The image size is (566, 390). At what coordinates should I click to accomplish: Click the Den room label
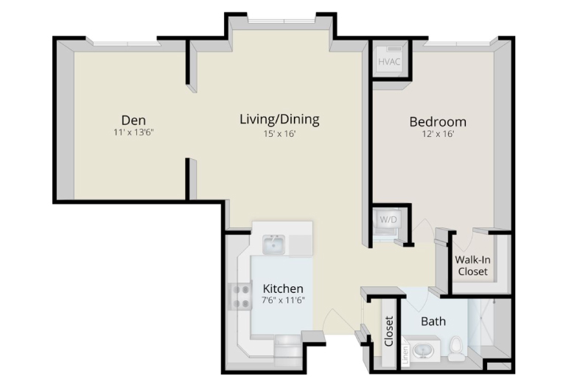click(133, 120)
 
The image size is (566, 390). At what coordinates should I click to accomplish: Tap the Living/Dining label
click(280, 119)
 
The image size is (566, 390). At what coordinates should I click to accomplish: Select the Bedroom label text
click(438, 122)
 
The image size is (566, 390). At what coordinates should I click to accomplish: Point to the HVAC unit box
click(389, 61)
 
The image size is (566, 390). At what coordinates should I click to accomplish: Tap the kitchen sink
click(273, 244)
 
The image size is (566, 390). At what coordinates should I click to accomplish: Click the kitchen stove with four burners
click(241, 296)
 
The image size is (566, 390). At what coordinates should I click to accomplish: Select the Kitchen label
click(283, 288)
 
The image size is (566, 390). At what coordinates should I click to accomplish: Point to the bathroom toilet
click(457, 349)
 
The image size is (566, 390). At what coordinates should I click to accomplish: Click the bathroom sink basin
click(422, 350)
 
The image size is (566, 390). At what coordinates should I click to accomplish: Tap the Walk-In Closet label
click(473, 266)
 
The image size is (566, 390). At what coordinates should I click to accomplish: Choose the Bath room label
click(433, 321)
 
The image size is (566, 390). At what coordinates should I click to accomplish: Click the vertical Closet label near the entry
click(389, 331)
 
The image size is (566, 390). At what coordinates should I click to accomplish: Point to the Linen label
click(406, 355)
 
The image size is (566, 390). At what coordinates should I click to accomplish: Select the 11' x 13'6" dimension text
click(133, 132)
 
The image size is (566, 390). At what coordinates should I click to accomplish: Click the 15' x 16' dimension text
click(280, 134)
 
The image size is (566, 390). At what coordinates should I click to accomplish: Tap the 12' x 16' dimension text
click(438, 134)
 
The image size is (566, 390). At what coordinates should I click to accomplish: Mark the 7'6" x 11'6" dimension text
click(283, 300)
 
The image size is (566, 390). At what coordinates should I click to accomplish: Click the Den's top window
click(127, 43)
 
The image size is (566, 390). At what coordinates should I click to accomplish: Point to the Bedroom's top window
click(457, 43)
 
